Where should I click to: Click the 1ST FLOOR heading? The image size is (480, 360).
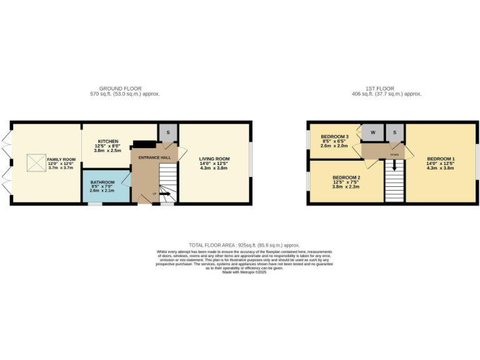[386, 89]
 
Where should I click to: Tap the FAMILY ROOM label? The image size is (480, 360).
[61, 159]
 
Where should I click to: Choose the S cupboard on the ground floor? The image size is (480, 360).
[167, 132]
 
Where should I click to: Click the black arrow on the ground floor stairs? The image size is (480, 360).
[168, 194]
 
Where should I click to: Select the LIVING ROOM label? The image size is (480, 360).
[214, 159]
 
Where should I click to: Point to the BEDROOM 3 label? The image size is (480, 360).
[334, 137]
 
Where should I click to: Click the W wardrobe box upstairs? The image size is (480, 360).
[372, 132]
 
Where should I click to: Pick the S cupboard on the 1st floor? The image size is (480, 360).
[395, 132]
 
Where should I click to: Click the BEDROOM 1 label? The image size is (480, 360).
[441, 159]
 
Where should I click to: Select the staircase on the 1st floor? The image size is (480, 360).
[394, 184]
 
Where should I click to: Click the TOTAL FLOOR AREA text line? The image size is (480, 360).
[244, 246]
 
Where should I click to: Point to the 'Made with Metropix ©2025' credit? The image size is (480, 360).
[244, 272]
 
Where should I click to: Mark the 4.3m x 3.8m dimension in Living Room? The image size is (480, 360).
[214, 167]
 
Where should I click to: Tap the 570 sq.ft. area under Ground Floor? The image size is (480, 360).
[125, 94]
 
